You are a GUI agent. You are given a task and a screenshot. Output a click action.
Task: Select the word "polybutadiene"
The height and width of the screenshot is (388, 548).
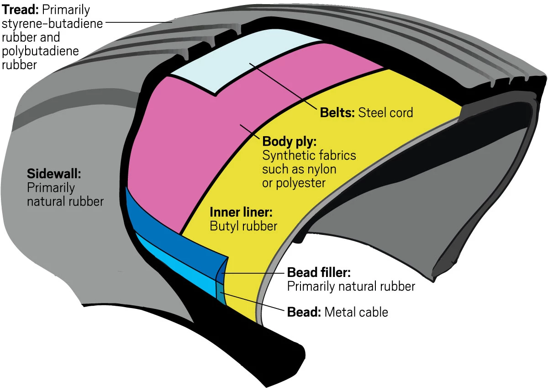40,50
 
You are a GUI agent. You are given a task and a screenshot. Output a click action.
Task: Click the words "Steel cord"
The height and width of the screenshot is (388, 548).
386,112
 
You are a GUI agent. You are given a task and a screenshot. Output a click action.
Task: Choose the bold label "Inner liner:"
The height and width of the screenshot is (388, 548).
241,212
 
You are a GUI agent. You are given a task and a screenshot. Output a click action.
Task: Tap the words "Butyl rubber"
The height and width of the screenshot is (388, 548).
243,226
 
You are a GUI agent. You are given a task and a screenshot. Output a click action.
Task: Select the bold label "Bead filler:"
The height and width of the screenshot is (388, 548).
319,273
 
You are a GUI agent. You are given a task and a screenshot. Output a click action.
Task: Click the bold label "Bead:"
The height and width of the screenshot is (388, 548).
304,313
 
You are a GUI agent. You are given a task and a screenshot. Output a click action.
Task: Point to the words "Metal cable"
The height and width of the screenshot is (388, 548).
356,313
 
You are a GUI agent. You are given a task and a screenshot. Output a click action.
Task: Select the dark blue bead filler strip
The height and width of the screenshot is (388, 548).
174,229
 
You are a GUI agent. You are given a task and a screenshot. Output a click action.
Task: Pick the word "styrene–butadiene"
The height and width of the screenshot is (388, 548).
53,23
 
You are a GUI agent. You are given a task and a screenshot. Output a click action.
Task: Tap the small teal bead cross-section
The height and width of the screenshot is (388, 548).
221,295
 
